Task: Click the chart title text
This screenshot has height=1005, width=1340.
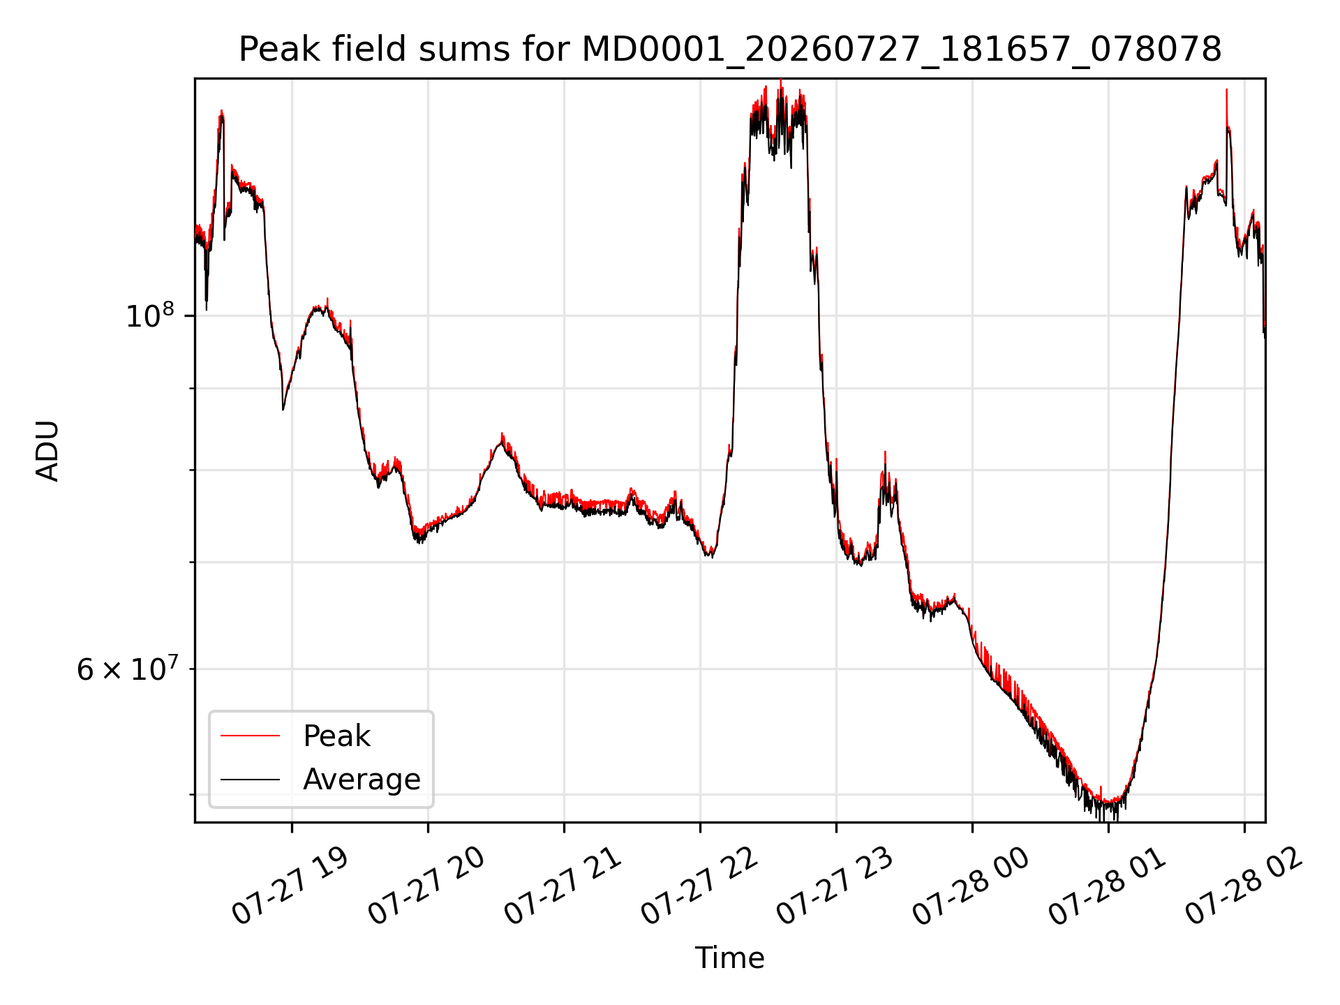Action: [730, 50]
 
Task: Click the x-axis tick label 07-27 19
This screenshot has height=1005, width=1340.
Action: [290, 887]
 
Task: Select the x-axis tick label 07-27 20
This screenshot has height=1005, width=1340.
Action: [426, 887]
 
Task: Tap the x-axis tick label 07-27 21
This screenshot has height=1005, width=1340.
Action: [563, 887]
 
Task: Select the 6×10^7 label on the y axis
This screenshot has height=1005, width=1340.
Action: [126, 669]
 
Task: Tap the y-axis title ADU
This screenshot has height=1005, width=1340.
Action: [47, 451]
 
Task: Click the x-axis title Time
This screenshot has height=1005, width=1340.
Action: [729, 958]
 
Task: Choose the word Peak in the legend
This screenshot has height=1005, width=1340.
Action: [336, 736]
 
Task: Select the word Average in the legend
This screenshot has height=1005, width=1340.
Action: [362, 780]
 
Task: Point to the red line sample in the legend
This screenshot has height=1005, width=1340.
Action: [250, 736]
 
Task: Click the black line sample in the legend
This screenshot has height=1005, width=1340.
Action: [250, 780]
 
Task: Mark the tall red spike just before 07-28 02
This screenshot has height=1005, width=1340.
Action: [1226, 91]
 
